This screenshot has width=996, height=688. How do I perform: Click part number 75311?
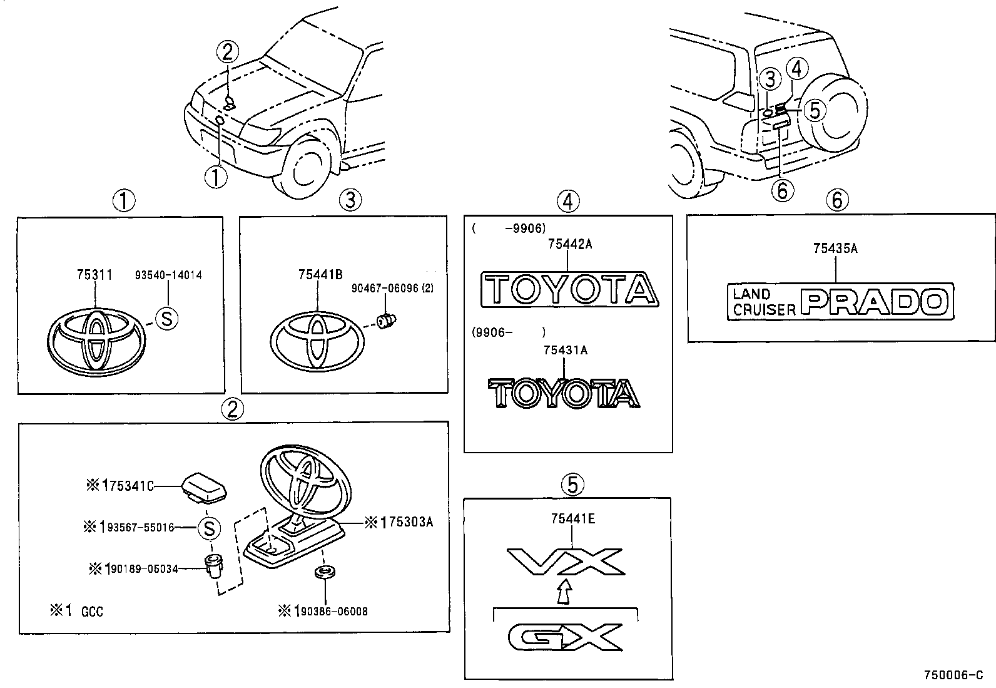(94, 275)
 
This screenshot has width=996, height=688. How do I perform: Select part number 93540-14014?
(169, 275)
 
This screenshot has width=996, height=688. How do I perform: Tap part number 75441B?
(321, 275)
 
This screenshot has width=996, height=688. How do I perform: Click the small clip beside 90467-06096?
(385, 321)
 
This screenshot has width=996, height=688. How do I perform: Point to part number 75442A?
(569, 245)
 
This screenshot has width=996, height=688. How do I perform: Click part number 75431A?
(566, 351)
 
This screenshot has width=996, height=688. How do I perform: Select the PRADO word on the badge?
(876, 302)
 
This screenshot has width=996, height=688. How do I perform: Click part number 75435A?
(835, 249)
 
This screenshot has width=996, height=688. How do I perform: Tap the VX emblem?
(565, 562)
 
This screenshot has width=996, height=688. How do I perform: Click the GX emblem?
(565, 637)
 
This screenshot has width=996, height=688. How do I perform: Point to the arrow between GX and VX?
(564, 592)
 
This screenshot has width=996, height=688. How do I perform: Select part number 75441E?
(573, 518)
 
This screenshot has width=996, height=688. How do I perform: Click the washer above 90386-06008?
(323, 572)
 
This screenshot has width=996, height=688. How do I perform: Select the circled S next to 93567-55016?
(210, 528)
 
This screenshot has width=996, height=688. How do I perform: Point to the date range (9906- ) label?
(509, 332)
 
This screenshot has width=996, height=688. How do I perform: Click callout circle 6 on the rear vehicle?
(782, 189)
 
